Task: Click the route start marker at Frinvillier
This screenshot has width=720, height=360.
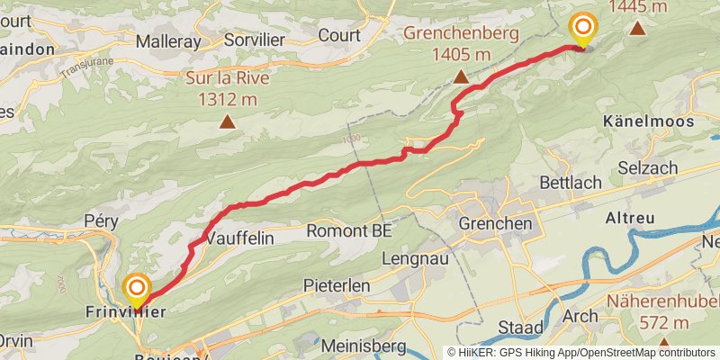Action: pos(137,290)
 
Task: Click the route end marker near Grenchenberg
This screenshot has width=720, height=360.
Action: pos(583,28)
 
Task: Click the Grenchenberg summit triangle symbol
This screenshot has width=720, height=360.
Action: pos(462,77)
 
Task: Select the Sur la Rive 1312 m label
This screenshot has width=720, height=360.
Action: pos(228,87)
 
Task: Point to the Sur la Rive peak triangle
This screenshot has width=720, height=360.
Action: pos(228,120)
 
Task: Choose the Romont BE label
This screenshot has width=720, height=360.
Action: pos(349,230)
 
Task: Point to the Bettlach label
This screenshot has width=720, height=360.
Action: pos(570,183)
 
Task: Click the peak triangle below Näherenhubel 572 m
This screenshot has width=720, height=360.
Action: pos(663,343)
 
